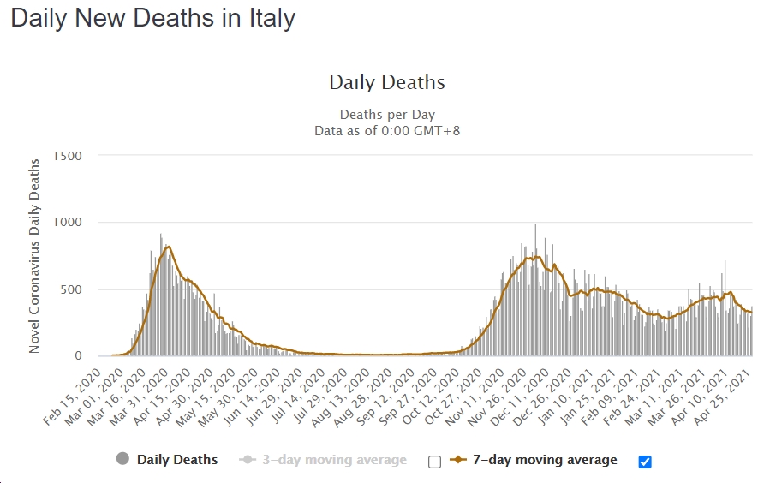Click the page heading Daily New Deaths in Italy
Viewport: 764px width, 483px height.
tap(153, 18)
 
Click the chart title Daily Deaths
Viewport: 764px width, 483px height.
tap(387, 82)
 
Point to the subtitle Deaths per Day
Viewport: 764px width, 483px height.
tap(387, 115)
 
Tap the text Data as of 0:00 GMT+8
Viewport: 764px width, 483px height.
tap(387, 130)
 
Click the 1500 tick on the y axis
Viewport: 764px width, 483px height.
tap(67, 156)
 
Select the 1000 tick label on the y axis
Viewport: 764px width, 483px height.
tap(67, 223)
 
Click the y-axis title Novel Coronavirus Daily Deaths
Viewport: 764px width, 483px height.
tap(35, 255)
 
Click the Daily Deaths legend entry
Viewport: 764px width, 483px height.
tap(177, 460)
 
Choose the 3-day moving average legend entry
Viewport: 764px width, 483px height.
tap(335, 460)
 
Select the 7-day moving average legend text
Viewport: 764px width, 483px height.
tap(545, 460)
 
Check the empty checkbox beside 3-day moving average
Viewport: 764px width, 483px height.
tap(434, 462)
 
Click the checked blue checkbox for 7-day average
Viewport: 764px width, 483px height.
tap(645, 462)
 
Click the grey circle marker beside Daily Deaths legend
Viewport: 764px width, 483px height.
tap(122, 460)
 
